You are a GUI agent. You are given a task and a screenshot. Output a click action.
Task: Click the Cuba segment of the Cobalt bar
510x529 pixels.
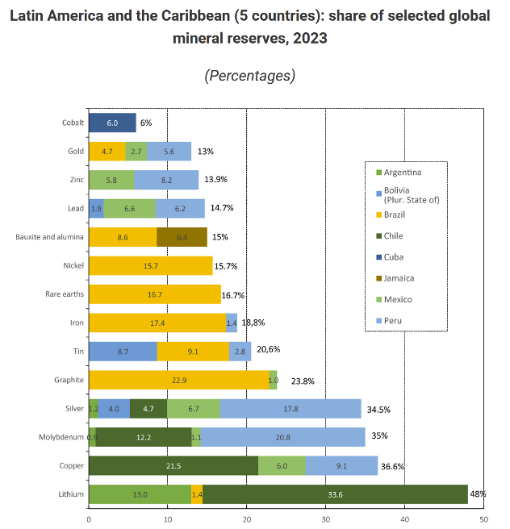[112, 123]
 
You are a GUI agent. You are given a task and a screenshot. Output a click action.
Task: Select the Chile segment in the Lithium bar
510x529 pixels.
[335, 494]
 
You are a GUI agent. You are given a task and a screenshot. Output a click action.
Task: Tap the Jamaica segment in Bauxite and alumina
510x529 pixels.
[182, 237]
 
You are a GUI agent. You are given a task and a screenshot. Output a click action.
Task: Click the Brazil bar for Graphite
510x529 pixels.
[178, 380]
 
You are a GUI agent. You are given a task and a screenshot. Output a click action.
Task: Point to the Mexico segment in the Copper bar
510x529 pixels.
[282, 466]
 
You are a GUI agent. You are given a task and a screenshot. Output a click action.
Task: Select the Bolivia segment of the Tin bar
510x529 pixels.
[123, 352]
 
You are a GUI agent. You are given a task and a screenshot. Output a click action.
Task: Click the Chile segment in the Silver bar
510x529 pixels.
[148, 409]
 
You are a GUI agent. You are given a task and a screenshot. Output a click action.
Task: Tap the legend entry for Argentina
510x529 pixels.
[403, 172]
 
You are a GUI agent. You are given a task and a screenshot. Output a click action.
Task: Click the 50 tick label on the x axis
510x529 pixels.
[483, 519]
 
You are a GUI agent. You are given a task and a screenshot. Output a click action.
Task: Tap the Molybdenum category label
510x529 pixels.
[61, 437]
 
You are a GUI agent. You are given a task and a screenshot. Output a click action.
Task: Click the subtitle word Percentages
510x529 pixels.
[249, 76]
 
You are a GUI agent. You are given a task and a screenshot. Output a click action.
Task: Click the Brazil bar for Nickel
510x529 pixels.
[150, 266]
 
